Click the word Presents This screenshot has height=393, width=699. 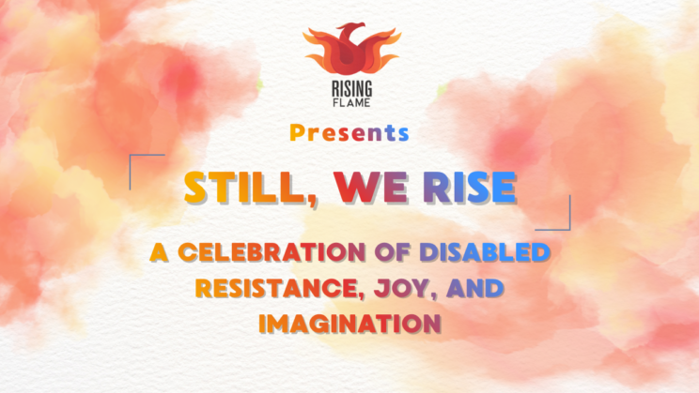349,133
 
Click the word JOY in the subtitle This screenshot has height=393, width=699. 389,287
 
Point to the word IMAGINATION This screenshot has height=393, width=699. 349,323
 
